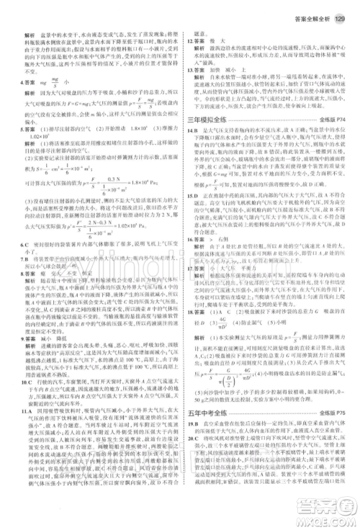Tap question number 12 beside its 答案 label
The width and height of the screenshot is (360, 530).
pos(189,42)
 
